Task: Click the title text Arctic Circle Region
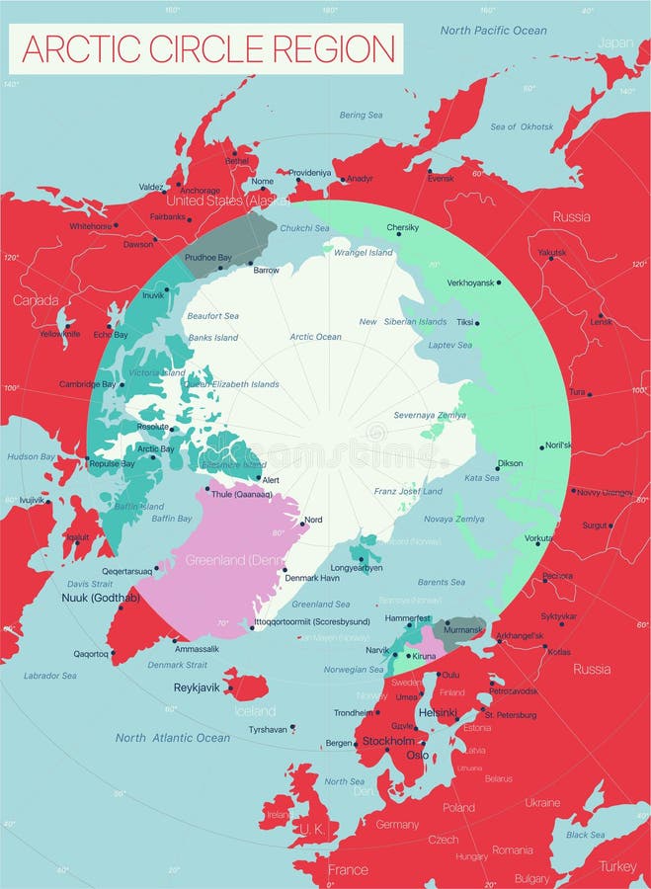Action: click(207, 48)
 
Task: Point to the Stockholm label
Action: click(388, 741)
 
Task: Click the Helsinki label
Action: click(438, 712)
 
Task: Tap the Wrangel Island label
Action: click(364, 253)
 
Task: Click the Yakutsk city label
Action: click(552, 253)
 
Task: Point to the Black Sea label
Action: click(585, 835)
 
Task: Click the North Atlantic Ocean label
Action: click(172, 738)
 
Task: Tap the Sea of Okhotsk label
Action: click(522, 126)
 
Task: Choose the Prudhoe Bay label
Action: click(208, 258)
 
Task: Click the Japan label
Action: click(615, 42)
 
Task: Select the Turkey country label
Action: click(618, 865)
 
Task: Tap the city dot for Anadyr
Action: click(343, 180)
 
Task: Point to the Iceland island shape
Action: click(246, 684)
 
